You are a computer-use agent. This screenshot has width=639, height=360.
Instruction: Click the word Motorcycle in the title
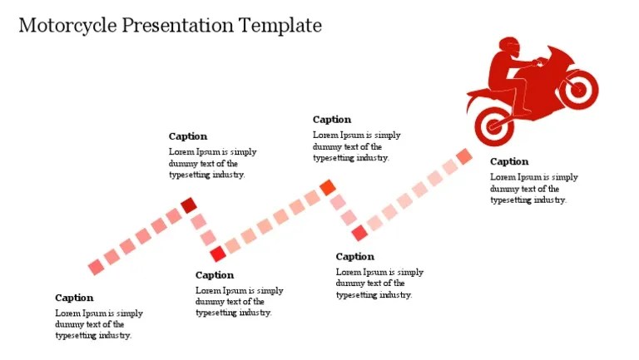pos(67,26)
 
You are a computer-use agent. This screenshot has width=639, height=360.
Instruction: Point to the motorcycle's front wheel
pos(579,86)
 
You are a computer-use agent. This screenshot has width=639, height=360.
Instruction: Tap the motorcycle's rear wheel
pos(495,126)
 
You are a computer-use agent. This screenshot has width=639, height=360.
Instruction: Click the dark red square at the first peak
pos(189,205)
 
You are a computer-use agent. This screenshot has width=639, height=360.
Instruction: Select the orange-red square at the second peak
pos(328,187)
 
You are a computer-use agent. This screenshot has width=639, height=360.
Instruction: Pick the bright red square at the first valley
pos(217,254)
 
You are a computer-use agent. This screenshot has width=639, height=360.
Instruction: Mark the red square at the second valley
pos(359,233)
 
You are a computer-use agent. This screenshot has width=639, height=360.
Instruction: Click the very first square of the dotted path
pos(97,267)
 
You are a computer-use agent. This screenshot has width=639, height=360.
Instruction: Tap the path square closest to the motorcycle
pos(464,156)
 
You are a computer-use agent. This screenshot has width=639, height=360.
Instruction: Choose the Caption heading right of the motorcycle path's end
pos(509,161)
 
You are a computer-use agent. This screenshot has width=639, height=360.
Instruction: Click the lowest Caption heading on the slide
pos(74,298)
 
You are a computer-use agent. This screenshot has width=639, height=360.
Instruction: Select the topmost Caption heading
pos(332,120)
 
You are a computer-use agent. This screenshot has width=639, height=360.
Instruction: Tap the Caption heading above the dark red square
pos(188,136)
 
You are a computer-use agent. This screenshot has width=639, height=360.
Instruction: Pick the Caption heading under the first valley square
pos(215,275)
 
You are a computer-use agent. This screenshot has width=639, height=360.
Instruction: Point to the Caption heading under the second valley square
pos(355,257)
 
